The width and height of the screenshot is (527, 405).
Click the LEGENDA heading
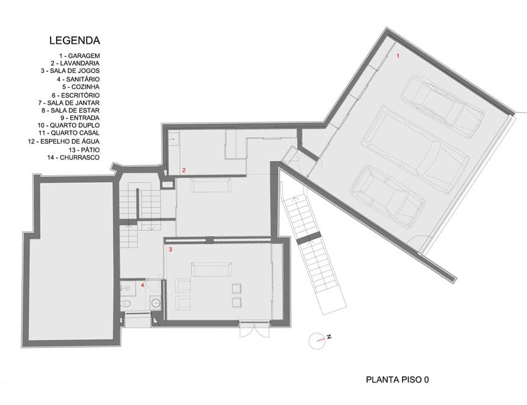coord(74,40)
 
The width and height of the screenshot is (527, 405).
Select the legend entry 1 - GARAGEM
coord(80,55)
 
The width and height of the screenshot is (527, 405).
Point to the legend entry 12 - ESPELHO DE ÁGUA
coord(64,142)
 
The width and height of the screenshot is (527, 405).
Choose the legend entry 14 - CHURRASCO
coord(73,157)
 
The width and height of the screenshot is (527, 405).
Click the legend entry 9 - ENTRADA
coord(80,118)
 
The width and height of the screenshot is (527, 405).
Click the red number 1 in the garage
coord(398,56)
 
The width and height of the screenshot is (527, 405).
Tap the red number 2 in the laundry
coord(184,170)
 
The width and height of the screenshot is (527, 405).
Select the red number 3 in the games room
coord(171,250)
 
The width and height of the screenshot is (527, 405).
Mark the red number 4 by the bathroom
coord(143,285)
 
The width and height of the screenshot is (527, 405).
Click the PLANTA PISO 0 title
coord(397,380)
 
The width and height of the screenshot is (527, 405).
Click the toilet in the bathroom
coord(126,304)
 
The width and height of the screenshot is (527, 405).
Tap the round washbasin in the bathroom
coord(156,303)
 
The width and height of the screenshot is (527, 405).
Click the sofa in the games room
coord(212,269)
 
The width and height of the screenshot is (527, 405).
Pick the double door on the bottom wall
coord(254,329)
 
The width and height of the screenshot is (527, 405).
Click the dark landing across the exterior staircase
coord(307,238)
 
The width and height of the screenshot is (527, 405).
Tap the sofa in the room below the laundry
coord(210,185)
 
